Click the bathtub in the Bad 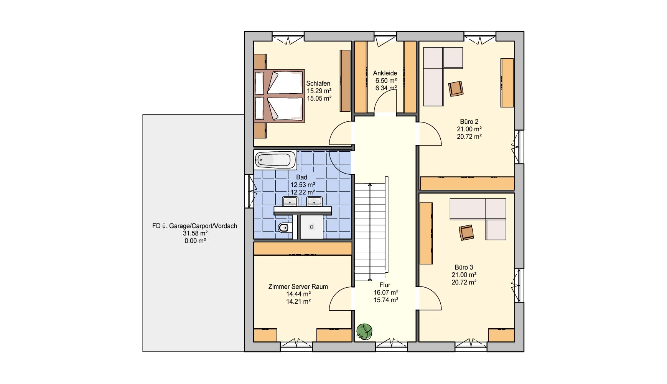point(275,160)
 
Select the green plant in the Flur point(364,331)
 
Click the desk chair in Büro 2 point(456,88)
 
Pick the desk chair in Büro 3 point(466,232)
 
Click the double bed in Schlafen point(279,96)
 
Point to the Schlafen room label point(318,83)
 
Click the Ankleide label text point(385,73)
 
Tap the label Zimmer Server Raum point(298,286)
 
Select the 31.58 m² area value point(195,233)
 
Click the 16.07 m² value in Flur point(386,293)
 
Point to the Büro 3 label point(464,267)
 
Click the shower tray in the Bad point(312,227)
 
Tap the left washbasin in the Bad point(290,201)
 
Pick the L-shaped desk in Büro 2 point(443,76)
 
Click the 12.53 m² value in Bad point(303,185)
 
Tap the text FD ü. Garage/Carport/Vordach point(194,226)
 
